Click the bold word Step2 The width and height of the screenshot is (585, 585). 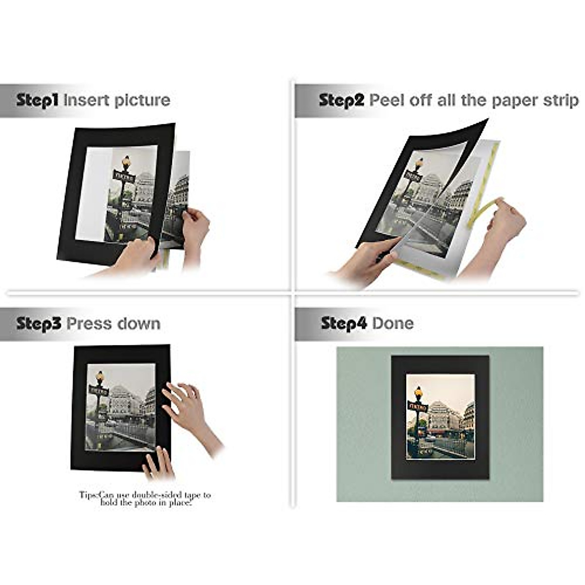[x=341, y=100]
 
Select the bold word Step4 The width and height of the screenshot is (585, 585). [x=343, y=323]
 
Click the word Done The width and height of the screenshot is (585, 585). [x=393, y=323]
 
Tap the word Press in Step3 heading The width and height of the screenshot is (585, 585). [x=87, y=324]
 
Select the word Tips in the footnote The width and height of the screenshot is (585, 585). [x=88, y=495]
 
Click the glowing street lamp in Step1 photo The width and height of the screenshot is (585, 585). [x=126, y=161]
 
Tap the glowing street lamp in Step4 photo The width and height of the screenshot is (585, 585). [x=418, y=391]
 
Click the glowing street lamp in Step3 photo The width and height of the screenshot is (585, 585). [x=100, y=377]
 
